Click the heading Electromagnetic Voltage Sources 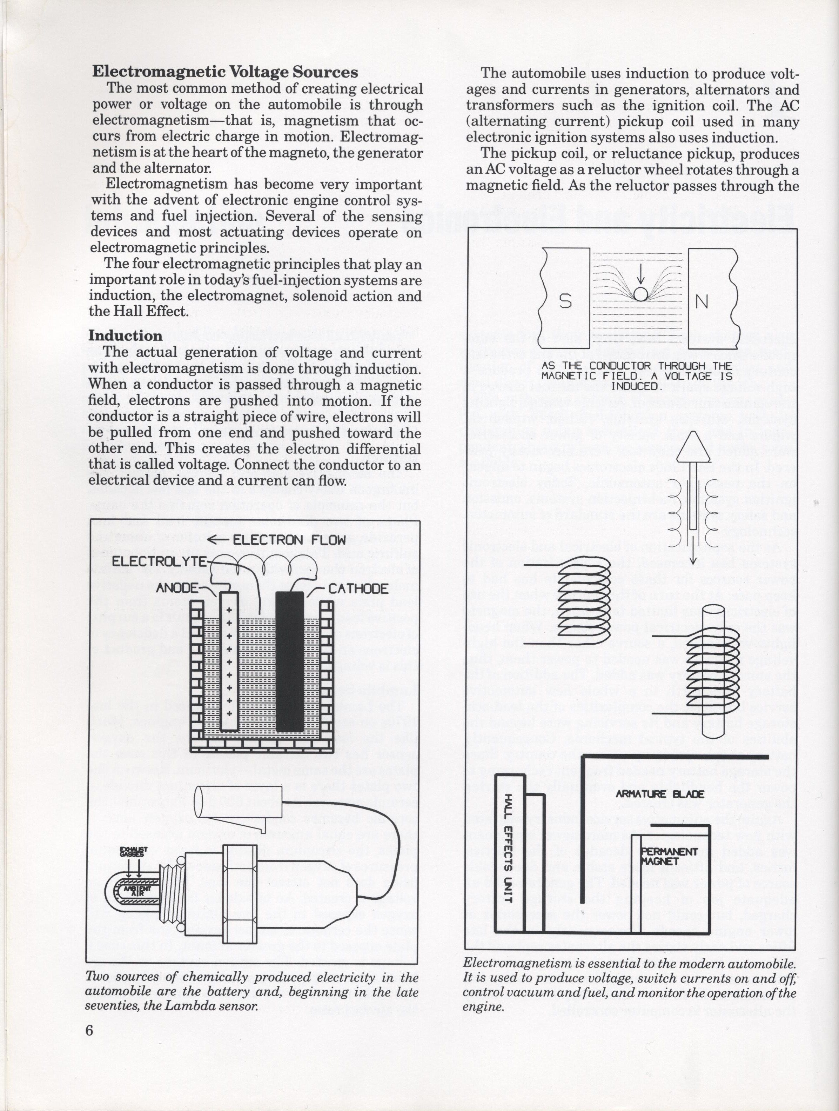tap(224, 72)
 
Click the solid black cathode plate tap(290, 661)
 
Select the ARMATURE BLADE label tap(660, 794)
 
